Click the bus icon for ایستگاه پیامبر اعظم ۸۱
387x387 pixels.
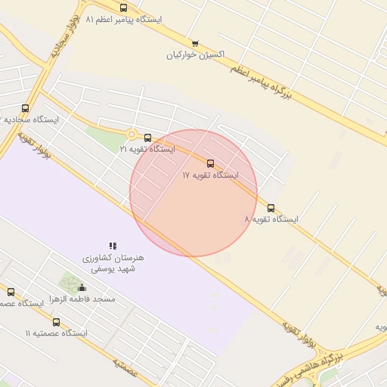[123, 8]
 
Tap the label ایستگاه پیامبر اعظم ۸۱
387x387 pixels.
[124, 19]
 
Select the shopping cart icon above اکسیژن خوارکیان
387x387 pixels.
[195, 43]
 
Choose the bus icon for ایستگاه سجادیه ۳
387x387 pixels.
[25, 108]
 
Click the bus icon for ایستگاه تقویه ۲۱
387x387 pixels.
[147, 138]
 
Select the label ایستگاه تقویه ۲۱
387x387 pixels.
[147, 150]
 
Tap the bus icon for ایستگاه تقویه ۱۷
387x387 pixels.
[210, 163]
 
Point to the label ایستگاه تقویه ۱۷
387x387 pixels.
[210, 175]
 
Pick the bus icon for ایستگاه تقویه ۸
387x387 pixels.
[271, 208]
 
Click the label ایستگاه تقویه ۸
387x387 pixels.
[271, 219]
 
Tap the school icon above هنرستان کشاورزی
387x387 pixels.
[113, 246]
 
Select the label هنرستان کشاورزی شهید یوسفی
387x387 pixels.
[113, 263]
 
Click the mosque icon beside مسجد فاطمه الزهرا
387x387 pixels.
[82, 287]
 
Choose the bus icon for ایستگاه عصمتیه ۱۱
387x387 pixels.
[56, 322]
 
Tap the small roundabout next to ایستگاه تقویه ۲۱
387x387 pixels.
[132, 135]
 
